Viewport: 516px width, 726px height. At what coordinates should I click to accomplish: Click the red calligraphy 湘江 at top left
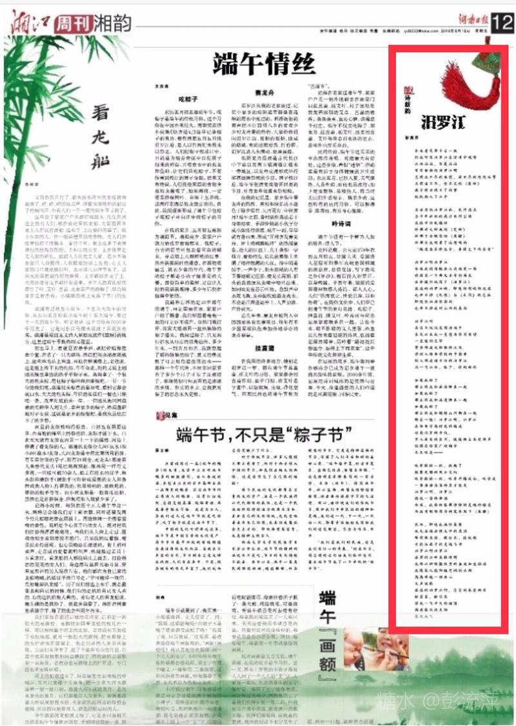point(29,23)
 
